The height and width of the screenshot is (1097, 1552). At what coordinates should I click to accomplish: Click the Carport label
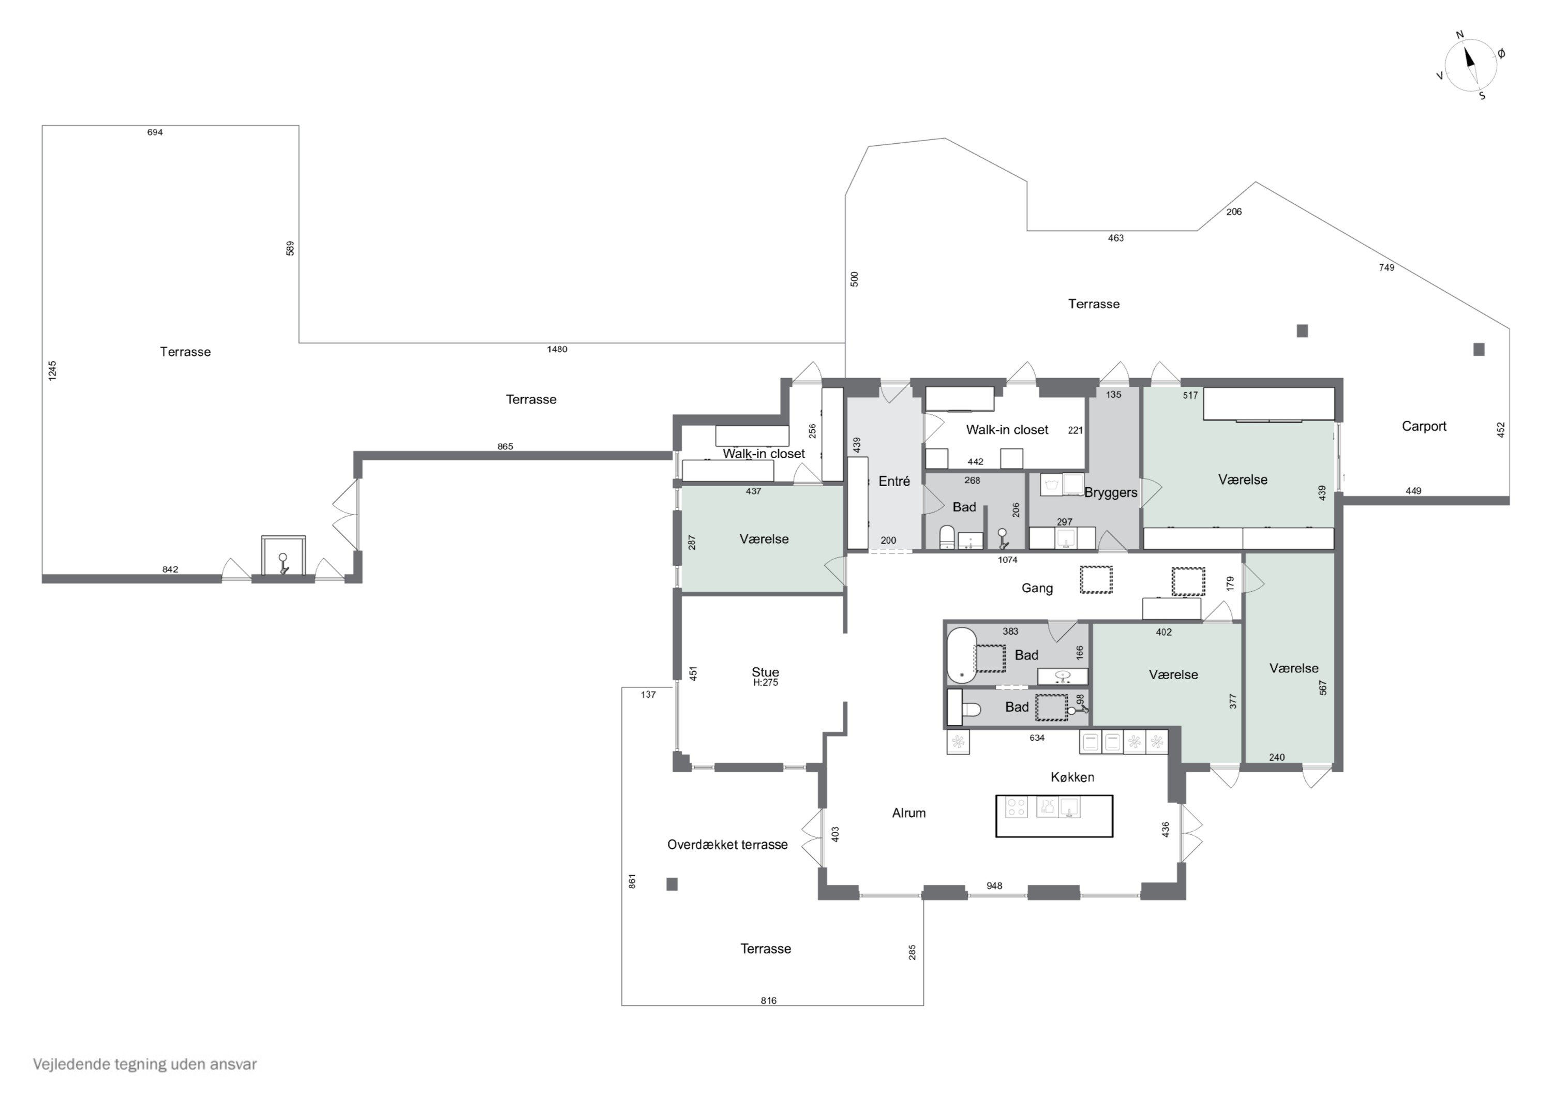(x=1424, y=427)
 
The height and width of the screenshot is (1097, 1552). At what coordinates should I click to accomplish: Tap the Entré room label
(x=894, y=481)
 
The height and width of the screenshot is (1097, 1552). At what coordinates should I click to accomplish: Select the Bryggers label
(x=1111, y=493)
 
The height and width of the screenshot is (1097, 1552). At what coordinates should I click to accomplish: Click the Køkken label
(x=1072, y=777)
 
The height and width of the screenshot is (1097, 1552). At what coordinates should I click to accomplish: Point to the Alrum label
(x=908, y=813)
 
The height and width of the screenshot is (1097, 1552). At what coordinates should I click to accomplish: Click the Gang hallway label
(x=1037, y=589)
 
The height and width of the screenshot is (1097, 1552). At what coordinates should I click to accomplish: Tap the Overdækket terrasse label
(x=727, y=845)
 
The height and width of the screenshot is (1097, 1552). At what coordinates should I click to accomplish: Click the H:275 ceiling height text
(x=765, y=683)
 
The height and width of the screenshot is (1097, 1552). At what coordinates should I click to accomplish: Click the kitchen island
(x=1054, y=816)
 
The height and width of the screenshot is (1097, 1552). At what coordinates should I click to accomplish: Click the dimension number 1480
(x=557, y=350)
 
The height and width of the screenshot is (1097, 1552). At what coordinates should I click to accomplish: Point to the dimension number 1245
(x=53, y=370)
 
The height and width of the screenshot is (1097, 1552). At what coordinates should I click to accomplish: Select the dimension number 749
(x=1386, y=268)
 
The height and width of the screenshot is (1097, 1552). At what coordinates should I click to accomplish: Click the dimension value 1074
(x=1007, y=560)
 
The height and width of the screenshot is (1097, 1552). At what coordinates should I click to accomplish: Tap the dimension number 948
(x=994, y=886)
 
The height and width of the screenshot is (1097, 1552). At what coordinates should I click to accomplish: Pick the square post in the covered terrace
(x=672, y=884)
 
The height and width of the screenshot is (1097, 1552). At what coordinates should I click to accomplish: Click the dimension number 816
(x=769, y=1001)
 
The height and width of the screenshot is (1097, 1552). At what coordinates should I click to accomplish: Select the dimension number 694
(x=155, y=132)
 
